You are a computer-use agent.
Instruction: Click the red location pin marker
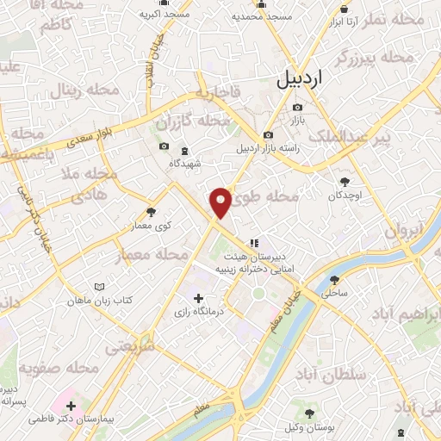[221, 202]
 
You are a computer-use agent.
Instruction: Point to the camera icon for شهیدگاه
[164, 147]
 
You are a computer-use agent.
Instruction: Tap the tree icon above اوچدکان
[345, 182]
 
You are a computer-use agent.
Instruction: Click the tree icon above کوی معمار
[152, 211]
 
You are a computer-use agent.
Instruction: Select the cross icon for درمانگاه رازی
[199, 297]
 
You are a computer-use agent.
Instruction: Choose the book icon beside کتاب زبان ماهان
[99, 287]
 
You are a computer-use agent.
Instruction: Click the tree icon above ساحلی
[333, 279]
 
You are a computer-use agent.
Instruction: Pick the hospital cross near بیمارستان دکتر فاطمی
[71, 406]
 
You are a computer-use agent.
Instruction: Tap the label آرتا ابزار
[340, 20]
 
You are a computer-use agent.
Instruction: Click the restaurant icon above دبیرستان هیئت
[252, 243]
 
